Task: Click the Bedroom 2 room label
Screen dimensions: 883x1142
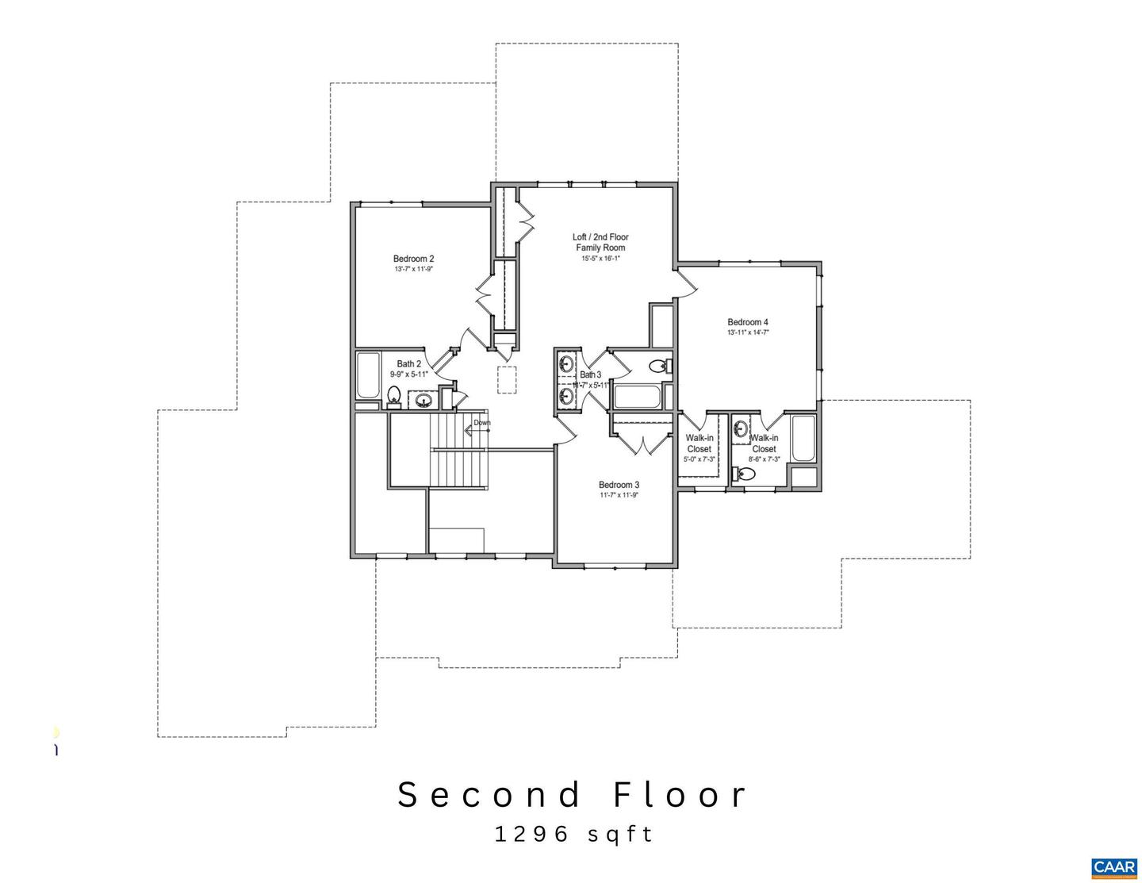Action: (413, 259)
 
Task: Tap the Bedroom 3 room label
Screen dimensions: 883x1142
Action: (619, 485)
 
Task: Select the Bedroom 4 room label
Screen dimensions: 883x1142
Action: (748, 322)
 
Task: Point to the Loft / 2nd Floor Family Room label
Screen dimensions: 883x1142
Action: (600, 242)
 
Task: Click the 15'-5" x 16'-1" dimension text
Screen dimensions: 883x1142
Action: (600, 258)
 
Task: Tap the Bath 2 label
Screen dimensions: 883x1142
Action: (409, 364)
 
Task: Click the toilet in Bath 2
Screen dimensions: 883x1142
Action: (393, 395)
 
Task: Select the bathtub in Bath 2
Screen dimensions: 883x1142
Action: (368, 376)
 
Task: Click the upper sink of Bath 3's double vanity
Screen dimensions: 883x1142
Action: (566, 364)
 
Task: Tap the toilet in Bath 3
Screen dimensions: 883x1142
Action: (659, 366)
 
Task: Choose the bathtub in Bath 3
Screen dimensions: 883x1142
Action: (637, 397)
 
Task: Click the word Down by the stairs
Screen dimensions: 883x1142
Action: (482, 423)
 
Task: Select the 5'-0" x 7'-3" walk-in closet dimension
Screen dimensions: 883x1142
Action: (699, 459)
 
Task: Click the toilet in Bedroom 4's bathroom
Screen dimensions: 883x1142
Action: (745, 474)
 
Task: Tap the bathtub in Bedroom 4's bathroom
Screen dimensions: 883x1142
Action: (803, 438)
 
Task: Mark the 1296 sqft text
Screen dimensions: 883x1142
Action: (574, 834)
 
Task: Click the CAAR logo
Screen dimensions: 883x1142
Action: (1113, 867)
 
